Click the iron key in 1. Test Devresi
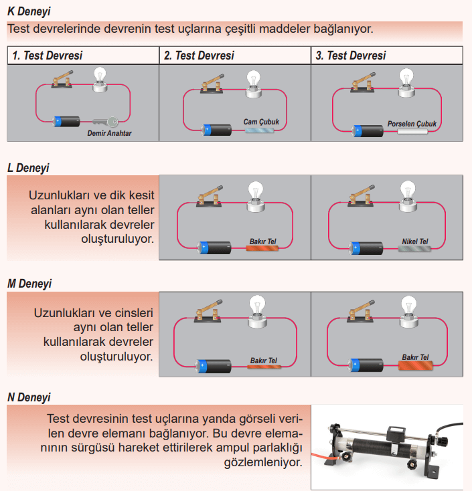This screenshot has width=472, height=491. click(x=106, y=122)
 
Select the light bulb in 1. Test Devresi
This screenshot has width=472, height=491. click(x=100, y=76)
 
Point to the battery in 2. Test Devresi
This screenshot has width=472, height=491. click(x=216, y=130)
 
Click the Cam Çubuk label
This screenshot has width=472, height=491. click(x=261, y=122)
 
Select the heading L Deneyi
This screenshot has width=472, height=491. click(x=28, y=168)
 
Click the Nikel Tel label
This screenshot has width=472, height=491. click(x=415, y=241)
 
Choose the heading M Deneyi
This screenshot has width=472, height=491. click(x=29, y=283)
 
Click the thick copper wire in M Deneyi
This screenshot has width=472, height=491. click(x=415, y=367)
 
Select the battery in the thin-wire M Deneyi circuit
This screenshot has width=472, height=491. click(x=213, y=366)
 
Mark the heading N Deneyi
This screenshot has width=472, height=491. click(x=29, y=397)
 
